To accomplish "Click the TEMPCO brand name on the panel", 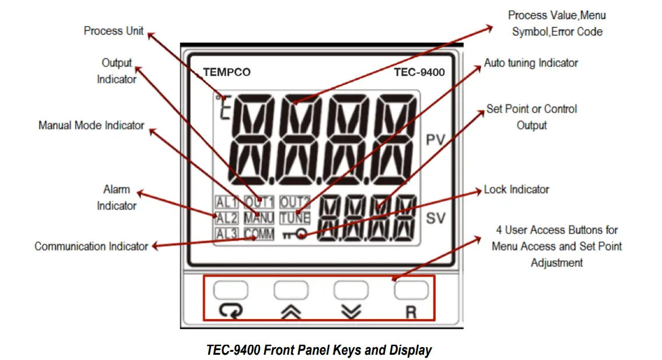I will coord(227,72).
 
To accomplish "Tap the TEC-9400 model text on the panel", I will coord(419,72).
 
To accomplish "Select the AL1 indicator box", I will coord(226,203).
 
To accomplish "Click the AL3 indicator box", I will coord(226,234).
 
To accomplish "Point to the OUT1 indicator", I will coord(259,203).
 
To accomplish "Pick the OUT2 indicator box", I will coord(295,203).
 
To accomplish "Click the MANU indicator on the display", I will coord(259,219).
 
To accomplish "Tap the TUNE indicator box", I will coord(295,219).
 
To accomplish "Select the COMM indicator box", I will coord(259,234).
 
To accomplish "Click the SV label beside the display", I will coord(436,219).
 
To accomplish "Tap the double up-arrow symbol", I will coord(291,312).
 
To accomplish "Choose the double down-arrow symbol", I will coord(351,312).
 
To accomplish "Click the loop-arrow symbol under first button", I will coord(230,312).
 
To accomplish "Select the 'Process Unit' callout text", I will coord(113,31).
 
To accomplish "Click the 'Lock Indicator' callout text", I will coord(516,190).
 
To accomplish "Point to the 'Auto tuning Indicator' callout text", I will coord(531,63).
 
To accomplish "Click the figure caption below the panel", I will coord(319,350).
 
